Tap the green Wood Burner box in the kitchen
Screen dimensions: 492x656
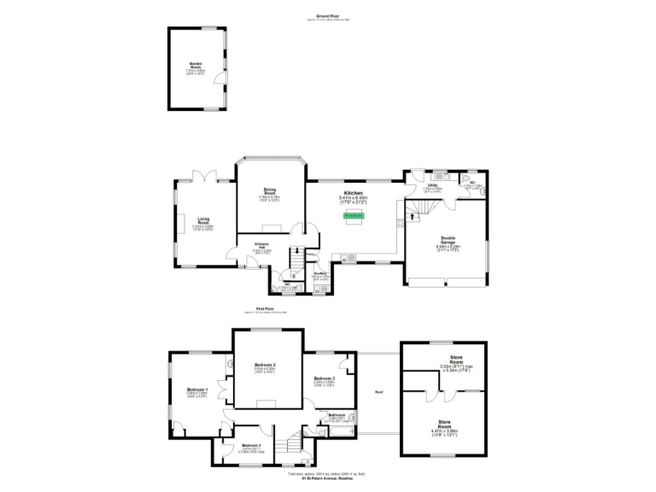click(354, 215)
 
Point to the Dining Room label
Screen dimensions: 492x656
click(270, 191)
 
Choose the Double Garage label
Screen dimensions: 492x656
click(448, 240)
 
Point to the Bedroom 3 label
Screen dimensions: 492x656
click(323, 378)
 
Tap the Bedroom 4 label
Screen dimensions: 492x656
click(250, 446)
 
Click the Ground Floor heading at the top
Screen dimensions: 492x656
click(328, 15)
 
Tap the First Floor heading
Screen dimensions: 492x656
click(265, 308)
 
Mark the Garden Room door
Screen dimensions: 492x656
click(222, 82)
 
